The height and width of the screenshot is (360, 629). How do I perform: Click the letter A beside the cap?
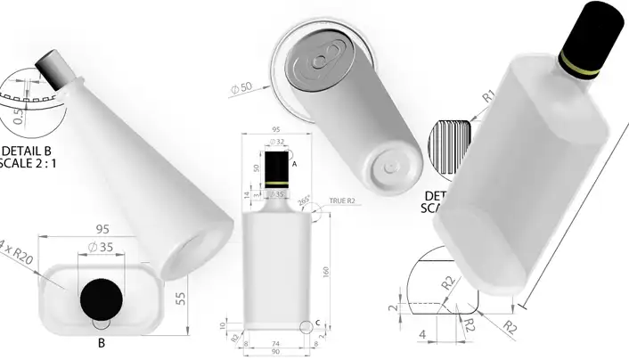pyautogui.click(x=295, y=164)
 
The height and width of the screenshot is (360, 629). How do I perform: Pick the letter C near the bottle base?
pyautogui.click(x=319, y=323)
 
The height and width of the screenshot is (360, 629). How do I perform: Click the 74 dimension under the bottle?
pyautogui.click(x=276, y=343)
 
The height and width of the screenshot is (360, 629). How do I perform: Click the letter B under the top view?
pyautogui.click(x=101, y=341)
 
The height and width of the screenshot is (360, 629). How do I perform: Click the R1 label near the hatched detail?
pyautogui.click(x=488, y=95)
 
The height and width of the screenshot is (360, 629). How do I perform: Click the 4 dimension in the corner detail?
pyautogui.click(x=424, y=336)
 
